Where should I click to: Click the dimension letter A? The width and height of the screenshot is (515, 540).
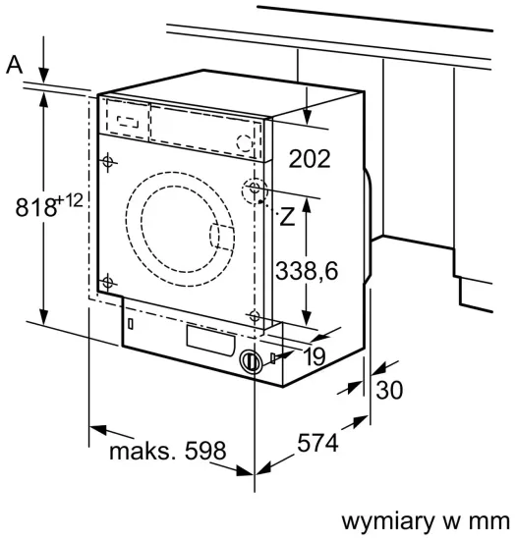tap(14, 65)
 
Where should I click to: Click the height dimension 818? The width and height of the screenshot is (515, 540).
tap(35, 207)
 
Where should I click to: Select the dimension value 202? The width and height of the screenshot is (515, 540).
tap(312, 158)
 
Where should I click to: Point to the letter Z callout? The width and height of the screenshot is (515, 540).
tap(287, 218)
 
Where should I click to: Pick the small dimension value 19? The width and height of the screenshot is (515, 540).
tap(314, 357)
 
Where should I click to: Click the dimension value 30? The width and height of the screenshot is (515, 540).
tap(390, 390)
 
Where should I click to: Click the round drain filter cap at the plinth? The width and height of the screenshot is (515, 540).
tap(253, 361)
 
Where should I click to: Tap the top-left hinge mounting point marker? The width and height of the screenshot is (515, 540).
tap(107, 160)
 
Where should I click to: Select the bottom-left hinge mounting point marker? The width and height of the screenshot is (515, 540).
tap(107, 283)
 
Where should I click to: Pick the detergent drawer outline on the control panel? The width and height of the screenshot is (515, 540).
tap(125, 119)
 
